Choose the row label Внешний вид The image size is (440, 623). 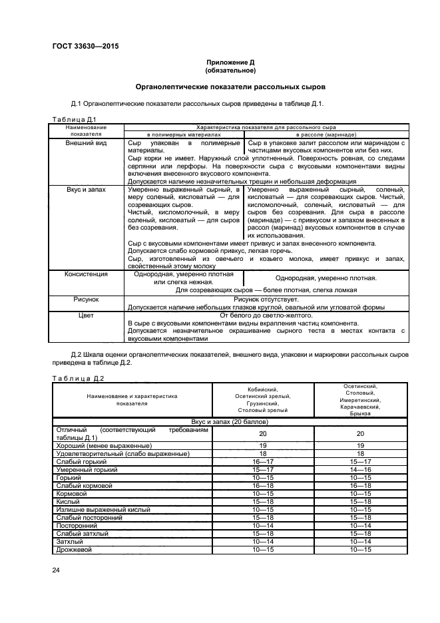pos(86,143)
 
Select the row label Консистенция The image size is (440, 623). pos(86,274)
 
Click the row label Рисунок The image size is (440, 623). pos(86,300)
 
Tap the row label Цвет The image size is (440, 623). pos(86,316)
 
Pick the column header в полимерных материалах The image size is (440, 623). pos(184,134)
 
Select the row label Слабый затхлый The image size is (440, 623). pos(81,534)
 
